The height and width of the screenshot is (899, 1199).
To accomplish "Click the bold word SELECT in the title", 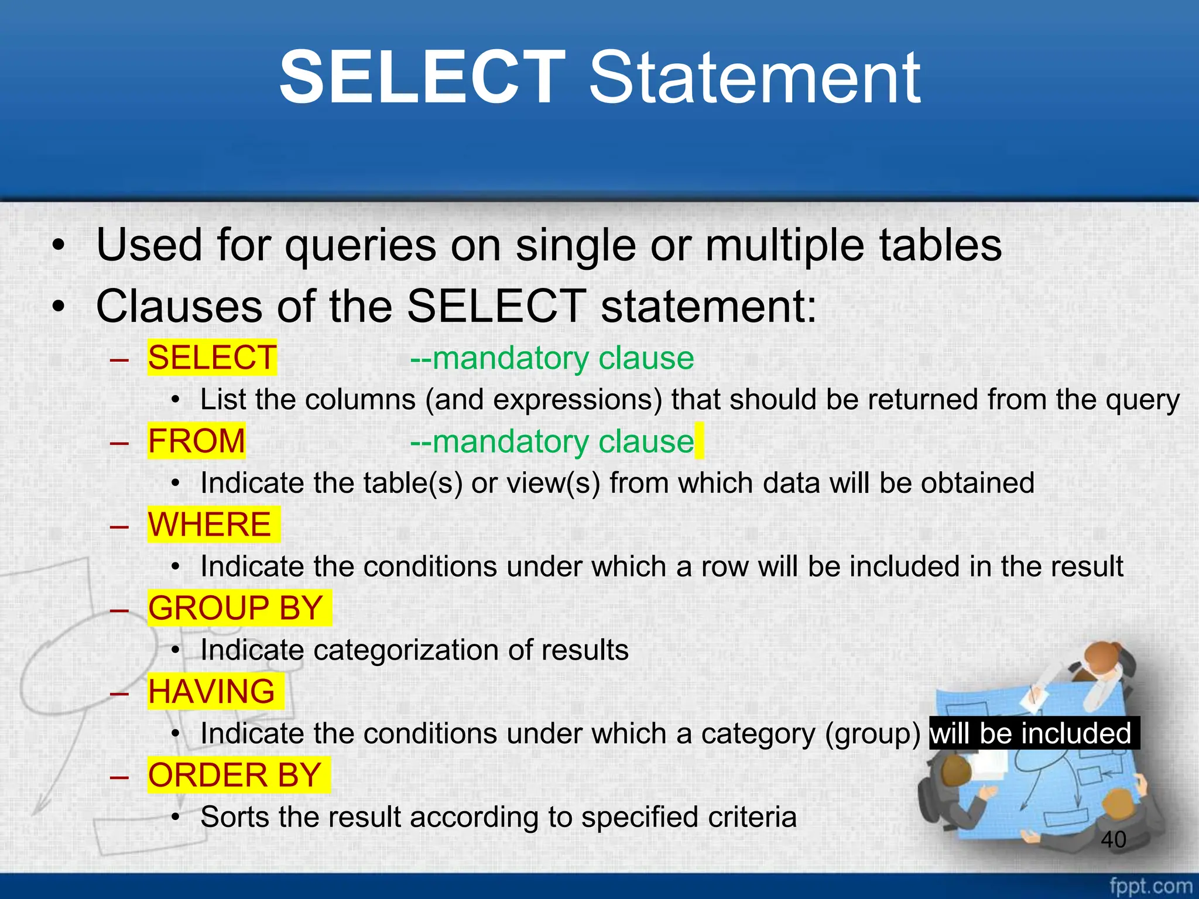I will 422,78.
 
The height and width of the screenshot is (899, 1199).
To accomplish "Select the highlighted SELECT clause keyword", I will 212,358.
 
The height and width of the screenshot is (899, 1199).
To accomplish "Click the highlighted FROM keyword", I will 197,441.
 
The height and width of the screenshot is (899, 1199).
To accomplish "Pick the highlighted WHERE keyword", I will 210,524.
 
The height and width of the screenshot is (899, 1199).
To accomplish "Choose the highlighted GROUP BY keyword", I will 236,608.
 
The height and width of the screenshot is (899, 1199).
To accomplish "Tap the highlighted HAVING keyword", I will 211,691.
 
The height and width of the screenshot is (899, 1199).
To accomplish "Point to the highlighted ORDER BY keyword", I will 235,775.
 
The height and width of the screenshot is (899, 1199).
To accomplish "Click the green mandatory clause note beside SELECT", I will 551,358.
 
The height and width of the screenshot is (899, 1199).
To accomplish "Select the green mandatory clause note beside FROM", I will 551,441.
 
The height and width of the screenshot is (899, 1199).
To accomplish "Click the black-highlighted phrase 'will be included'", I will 1031,733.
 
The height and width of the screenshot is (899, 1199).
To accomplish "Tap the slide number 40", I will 1113,839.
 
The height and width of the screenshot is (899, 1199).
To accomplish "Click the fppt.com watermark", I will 1150,886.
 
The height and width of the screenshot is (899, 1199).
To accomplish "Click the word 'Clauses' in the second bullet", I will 179,306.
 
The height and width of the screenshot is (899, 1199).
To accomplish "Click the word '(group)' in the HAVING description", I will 872,734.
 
